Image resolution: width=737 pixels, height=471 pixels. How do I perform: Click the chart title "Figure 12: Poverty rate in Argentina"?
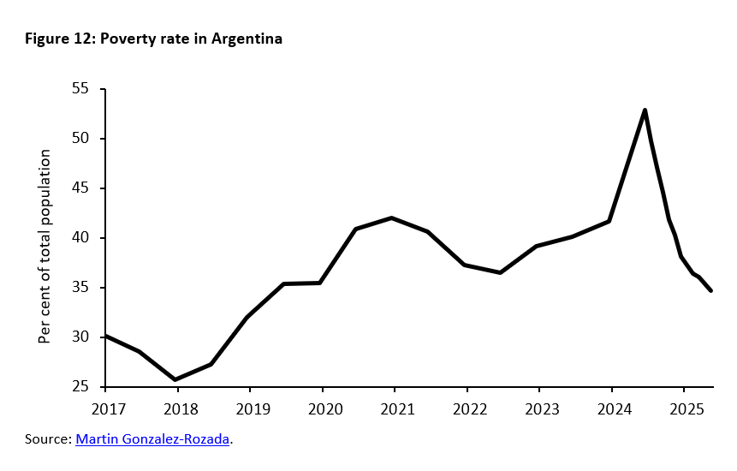(x=153, y=39)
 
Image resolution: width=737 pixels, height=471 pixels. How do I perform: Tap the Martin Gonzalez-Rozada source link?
(x=153, y=439)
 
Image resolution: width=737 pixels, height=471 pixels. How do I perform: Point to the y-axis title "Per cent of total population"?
(x=45, y=247)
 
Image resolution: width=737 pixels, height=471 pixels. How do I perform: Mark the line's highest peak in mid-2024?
(x=645, y=110)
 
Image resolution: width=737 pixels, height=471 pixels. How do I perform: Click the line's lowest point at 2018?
(x=175, y=379)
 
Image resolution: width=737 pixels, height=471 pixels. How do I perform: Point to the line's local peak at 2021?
(x=392, y=218)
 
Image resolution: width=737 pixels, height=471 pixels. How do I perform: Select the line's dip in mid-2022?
(x=500, y=272)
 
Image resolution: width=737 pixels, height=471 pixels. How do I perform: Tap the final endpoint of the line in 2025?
(x=711, y=291)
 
